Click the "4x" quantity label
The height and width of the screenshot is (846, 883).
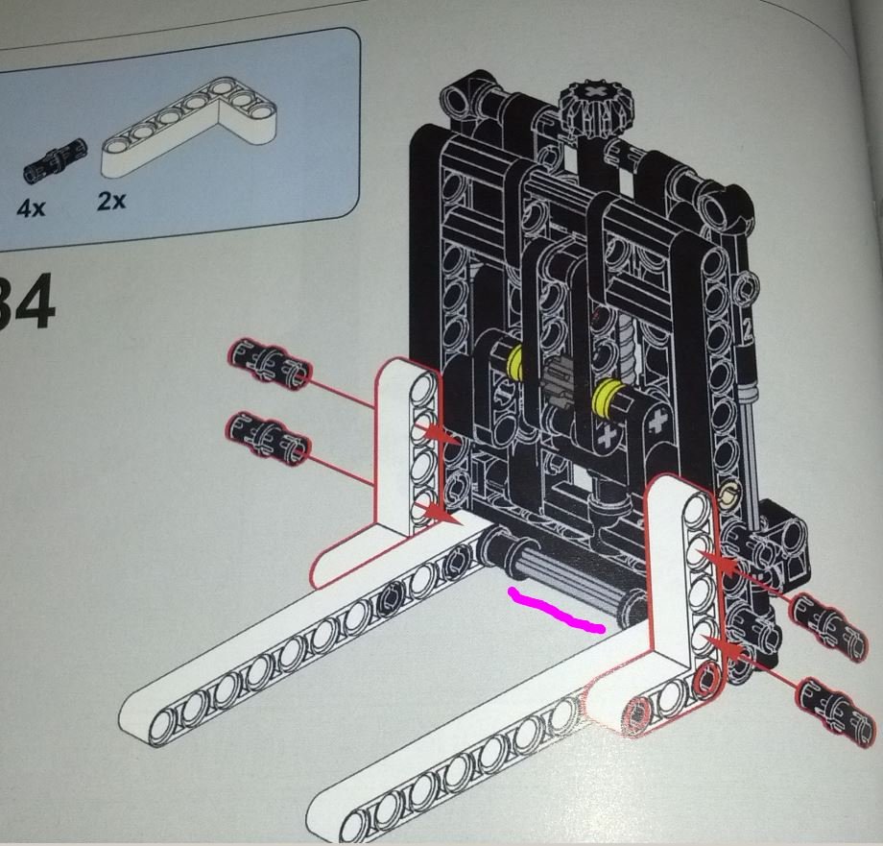[x=31, y=207]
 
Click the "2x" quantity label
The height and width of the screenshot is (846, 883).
[x=111, y=202]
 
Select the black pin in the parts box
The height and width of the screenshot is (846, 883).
[x=55, y=157]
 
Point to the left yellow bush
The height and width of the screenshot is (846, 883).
[x=516, y=361]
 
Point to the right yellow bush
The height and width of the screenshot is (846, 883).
[x=606, y=395]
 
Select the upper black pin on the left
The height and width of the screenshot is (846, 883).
[x=269, y=364]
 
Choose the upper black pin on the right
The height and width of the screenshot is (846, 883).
[x=823, y=613]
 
